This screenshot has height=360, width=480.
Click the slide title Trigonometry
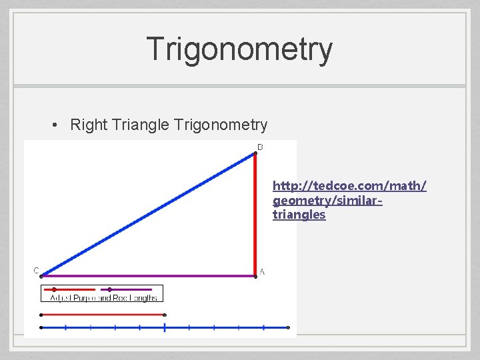(239, 49)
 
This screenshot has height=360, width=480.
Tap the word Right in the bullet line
(85, 125)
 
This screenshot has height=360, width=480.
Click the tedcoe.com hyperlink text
(349, 199)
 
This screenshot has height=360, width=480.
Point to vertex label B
(260, 147)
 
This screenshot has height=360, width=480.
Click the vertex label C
(36, 270)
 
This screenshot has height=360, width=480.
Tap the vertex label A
(262, 271)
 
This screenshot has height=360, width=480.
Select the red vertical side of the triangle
(255, 213)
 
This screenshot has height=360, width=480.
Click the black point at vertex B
(255, 154)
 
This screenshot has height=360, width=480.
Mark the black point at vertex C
(41, 275)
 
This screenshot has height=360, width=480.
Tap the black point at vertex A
(255, 275)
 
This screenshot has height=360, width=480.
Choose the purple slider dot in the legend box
(109, 289)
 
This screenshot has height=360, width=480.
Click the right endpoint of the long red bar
(165, 315)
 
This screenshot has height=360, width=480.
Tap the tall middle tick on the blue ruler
(165, 327)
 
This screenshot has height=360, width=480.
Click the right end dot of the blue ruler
(288, 327)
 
